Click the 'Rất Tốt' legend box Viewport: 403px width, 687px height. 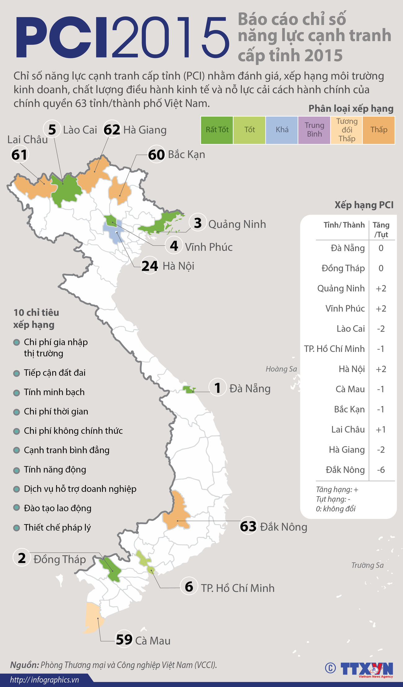click(217, 130)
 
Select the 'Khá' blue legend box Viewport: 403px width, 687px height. click(282, 130)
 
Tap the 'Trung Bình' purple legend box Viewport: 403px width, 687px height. click(314, 130)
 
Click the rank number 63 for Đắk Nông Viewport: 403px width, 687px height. click(248, 527)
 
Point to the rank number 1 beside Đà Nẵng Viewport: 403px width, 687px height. click(218, 388)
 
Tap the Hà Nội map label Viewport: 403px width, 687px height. click(178, 266)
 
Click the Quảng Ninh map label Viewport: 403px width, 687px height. click(237, 224)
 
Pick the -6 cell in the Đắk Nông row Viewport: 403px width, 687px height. click(381, 470)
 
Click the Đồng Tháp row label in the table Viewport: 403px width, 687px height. click(343, 268)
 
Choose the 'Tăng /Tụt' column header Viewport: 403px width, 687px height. click(381, 230)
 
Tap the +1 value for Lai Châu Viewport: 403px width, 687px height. click(381, 430)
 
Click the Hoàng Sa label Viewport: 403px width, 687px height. click(281, 369)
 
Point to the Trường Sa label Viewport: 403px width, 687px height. click(367, 565)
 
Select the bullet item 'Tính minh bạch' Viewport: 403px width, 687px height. click(54, 392)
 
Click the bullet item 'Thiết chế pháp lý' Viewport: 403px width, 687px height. click(57, 528)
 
